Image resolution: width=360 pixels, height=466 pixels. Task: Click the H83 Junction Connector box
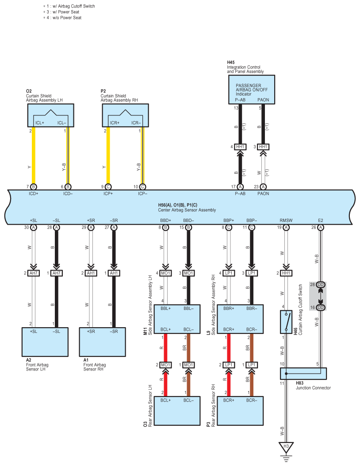(303, 374)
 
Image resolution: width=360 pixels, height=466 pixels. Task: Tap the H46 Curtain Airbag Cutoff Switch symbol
(286, 322)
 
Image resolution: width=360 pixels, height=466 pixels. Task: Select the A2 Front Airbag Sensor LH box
(45, 342)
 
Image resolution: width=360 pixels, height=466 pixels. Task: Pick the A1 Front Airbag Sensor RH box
(102, 342)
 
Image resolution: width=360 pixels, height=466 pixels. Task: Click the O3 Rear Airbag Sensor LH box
(177, 411)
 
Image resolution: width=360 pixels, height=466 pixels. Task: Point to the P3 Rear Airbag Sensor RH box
(240, 411)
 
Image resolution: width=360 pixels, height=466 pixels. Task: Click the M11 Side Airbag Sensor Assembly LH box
(177, 319)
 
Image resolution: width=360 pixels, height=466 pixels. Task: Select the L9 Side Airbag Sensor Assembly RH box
(240, 319)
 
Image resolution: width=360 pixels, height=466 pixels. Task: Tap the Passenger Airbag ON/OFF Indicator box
(252, 89)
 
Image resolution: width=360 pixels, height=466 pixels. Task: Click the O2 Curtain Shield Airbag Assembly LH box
(50, 115)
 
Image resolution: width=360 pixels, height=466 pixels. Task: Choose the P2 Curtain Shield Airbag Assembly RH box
(125, 115)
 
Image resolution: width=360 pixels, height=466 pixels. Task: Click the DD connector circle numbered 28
(321, 284)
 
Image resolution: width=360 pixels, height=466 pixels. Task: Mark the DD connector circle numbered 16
(321, 308)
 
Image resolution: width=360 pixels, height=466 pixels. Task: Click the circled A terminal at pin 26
(320, 227)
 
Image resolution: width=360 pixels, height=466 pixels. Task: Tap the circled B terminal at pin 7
(33, 187)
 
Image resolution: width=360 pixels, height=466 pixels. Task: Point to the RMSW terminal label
(286, 221)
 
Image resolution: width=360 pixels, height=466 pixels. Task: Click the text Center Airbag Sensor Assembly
(187, 210)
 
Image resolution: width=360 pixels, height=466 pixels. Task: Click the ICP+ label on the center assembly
(108, 194)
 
